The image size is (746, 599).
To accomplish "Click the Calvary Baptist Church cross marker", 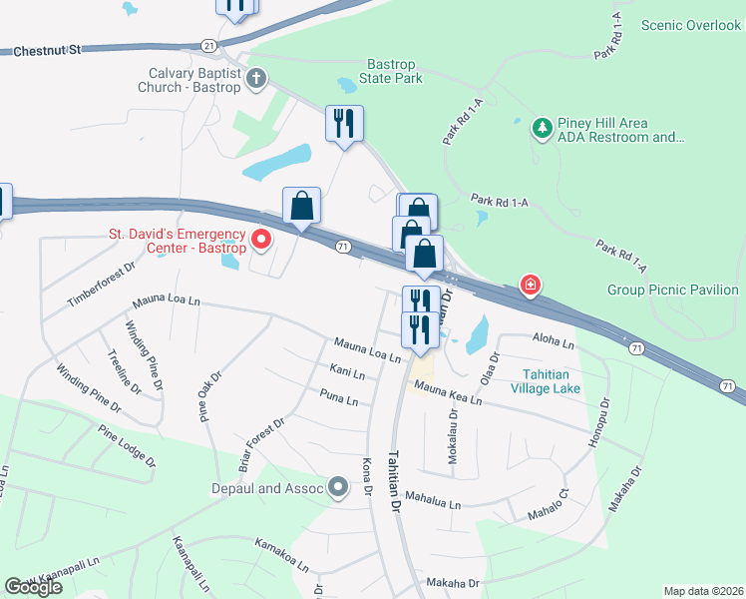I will coord(256,79).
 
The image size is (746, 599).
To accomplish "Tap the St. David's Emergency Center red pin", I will coord(261,240).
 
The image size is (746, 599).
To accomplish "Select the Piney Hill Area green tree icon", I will coord(542,128).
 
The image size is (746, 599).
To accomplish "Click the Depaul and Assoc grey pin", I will coord(339,488).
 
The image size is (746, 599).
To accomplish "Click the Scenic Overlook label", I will coord(691,25).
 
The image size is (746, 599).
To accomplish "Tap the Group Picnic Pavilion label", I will coord(672,291).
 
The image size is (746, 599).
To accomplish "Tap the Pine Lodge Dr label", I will coord(127,445).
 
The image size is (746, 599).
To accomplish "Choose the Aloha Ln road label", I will coord(555,343).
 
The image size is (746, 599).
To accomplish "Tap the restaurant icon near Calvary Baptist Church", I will coord(344,124).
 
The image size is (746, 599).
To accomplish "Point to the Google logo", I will coord(34,586).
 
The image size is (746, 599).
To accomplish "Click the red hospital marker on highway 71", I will coord(531,287).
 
